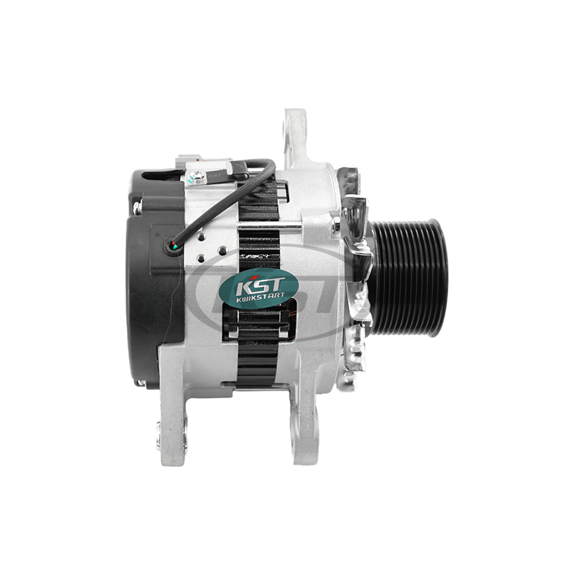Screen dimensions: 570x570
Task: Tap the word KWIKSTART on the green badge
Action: tap(259, 296)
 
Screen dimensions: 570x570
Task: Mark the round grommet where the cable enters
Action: tap(174, 247)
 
